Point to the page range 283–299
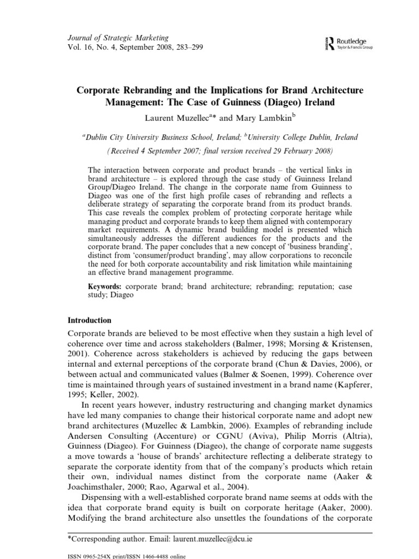[186, 47]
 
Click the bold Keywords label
[106, 286]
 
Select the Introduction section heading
[89, 320]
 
